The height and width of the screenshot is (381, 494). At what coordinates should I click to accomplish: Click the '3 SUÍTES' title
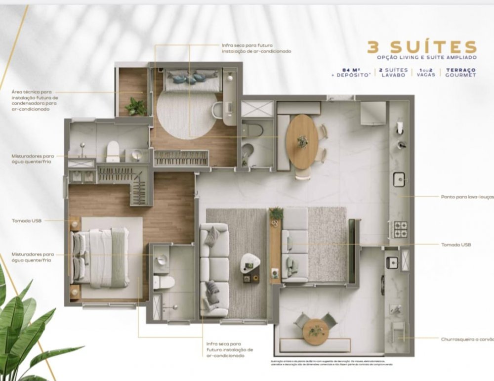[x=421, y=47]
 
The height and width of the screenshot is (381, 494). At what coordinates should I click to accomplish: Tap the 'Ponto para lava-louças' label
[x=466, y=196]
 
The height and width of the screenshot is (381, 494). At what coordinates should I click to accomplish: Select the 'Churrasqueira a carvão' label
[x=467, y=339]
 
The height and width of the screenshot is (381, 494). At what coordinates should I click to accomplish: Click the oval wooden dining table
[x=302, y=141]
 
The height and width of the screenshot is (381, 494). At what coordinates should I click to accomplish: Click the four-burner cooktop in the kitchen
[x=400, y=229]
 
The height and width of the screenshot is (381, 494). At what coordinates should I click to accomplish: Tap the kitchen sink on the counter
[x=400, y=179]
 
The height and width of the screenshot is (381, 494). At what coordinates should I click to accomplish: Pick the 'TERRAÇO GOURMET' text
[x=460, y=73]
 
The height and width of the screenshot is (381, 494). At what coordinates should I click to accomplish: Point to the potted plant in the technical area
[x=135, y=106]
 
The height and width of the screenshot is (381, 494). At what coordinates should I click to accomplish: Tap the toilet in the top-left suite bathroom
[x=114, y=151]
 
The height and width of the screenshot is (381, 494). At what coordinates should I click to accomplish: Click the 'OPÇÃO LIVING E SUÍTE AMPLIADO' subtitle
[x=426, y=58]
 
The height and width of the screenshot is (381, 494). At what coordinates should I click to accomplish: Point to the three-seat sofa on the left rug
[x=214, y=270]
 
